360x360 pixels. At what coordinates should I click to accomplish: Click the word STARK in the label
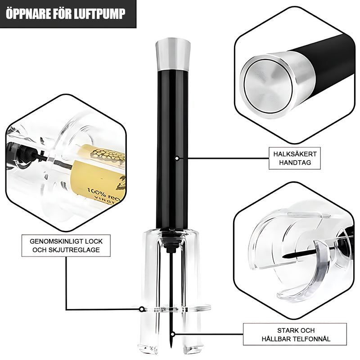pyautogui.click(x=277, y=330)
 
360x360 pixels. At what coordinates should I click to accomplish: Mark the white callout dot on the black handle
pyautogui.click(x=177, y=158)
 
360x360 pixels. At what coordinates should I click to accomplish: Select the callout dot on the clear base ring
pyautogui.click(x=142, y=309)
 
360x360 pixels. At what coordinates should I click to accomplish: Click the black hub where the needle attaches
pyautogui.click(x=171, y=247)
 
